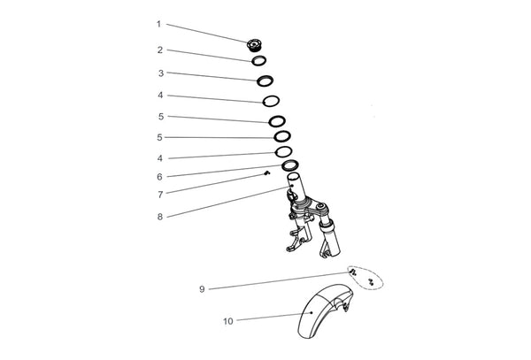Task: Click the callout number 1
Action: click(x=158, y=25)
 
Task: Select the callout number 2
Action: click(x=160, y=50)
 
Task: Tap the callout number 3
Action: click(x=161, y=73)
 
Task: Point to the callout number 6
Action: click(x=160, y=177)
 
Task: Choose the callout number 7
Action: click(x=160, y=195)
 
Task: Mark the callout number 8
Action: click(x=160, y=218)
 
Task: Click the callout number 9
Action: click(x=202, y=289)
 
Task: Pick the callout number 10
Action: click(x=228, y=321)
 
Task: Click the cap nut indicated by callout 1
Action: click(x=253, y=45)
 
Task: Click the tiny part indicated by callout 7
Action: click(x=267, y=173)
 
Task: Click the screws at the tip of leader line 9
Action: click(x=353, y=272)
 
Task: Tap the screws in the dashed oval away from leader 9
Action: click(x=371, y=282)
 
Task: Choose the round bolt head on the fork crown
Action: click(x=321, y=205)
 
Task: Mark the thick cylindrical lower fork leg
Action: click(x=331, y=238)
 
